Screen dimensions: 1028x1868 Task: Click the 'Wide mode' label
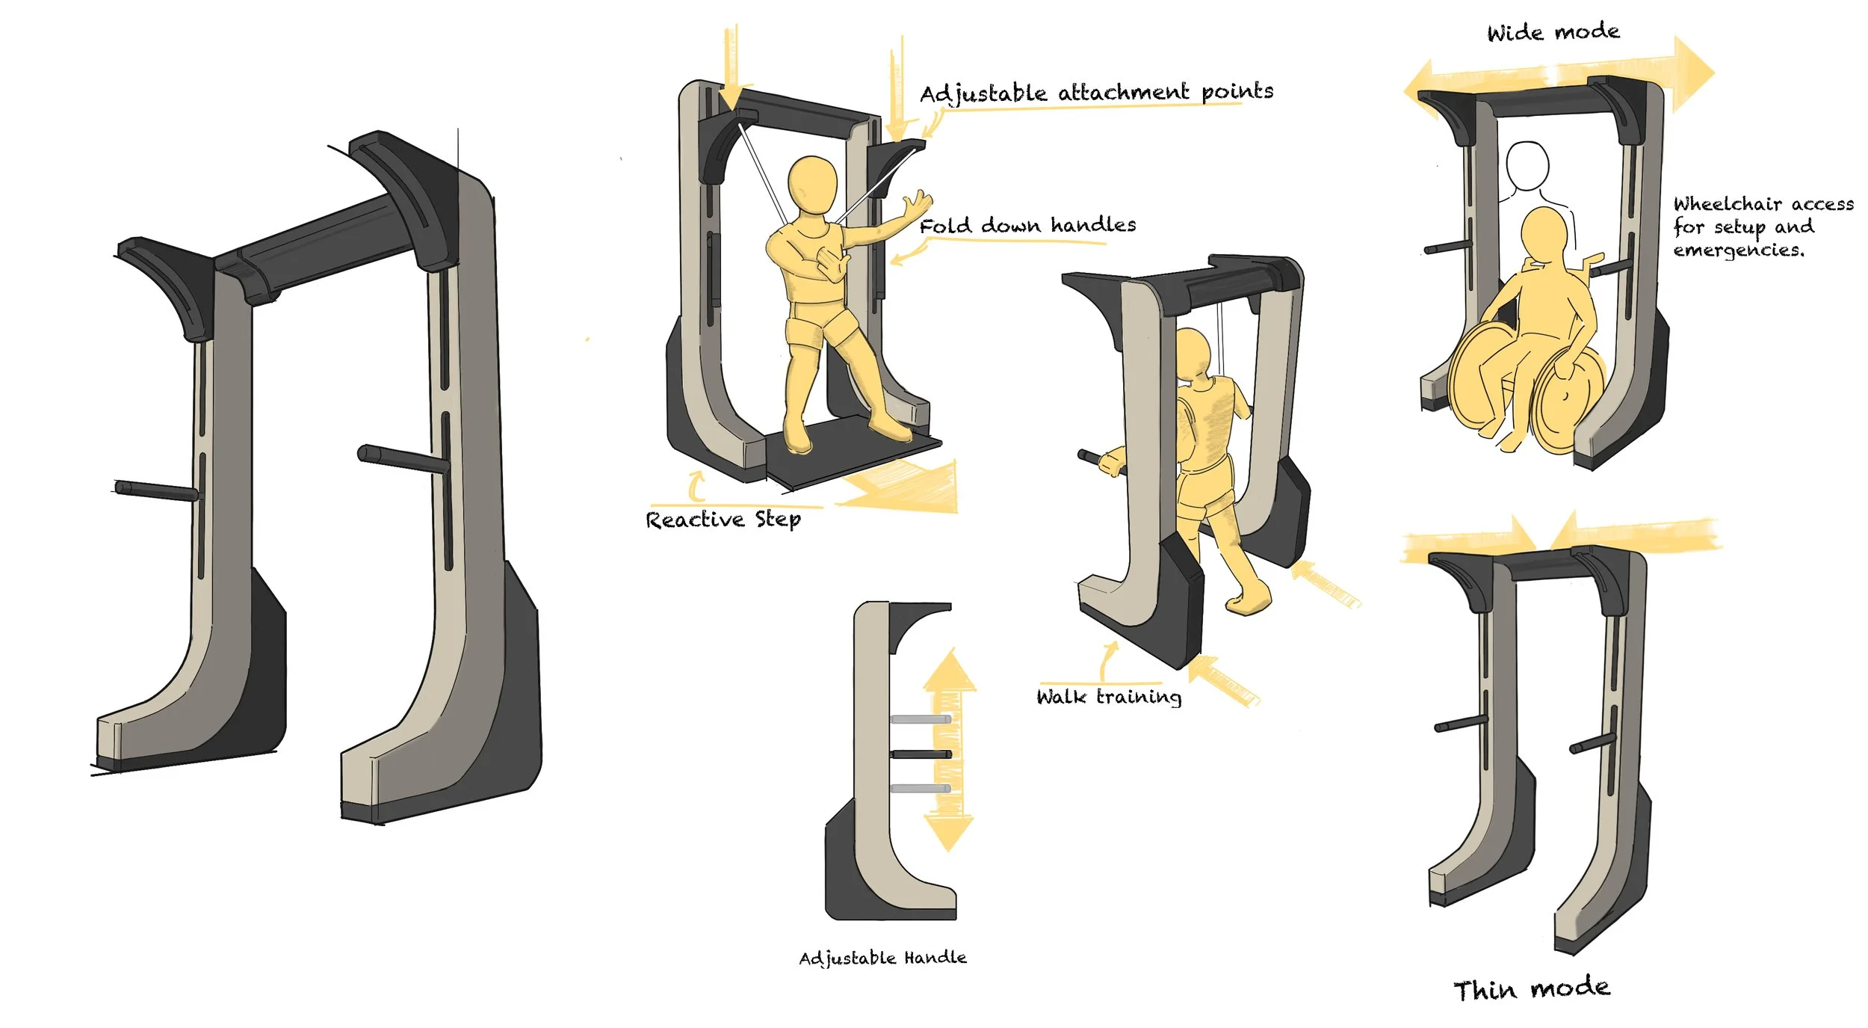(1553, 32)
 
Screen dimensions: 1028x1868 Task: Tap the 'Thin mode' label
(1531, 988)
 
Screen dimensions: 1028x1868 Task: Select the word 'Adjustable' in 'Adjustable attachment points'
(983, 95)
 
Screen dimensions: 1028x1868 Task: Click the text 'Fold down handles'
(1027, 225)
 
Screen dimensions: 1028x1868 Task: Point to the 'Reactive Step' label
(723, 520)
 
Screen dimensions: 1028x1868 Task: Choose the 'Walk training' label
(1109, 697)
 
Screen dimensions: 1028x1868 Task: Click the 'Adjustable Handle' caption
(882, 958)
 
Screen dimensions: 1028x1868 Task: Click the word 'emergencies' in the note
(1738, 250)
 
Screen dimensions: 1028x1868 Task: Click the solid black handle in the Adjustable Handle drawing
(921, 754)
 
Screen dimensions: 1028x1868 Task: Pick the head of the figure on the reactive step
(813, 185)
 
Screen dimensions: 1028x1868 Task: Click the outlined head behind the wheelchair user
(1527, 166)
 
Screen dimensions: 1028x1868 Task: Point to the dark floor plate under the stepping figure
(852, 452)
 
